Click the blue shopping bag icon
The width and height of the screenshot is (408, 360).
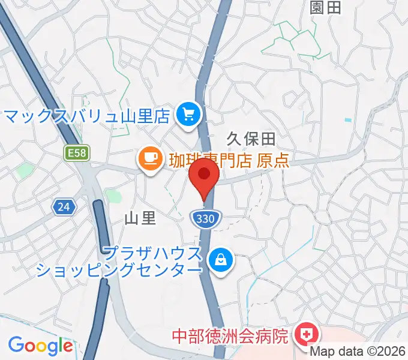tap(221, 260)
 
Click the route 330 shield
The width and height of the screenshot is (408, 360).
tap(203, 219)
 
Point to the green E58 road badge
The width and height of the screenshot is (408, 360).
tap(77, 154)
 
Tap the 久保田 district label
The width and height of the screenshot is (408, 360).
tap(251, 139)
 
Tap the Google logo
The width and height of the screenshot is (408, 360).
tap(40, 346)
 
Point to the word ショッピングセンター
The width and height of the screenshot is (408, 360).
tap(119, 270)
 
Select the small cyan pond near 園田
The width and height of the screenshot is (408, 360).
tap(348, 120)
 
